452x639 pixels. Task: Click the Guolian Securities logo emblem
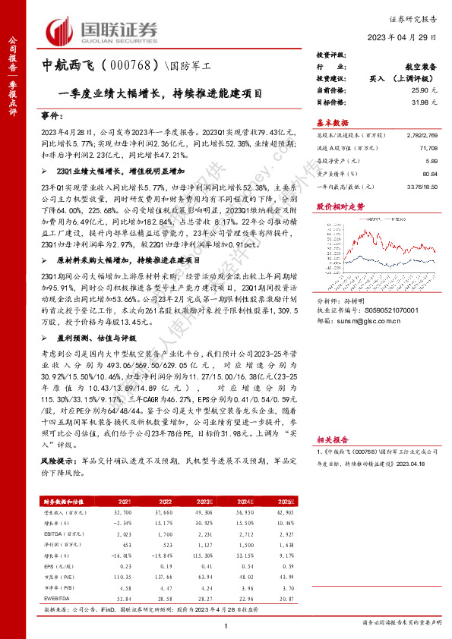(x=61, y=31)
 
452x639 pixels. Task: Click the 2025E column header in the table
(x=285, y=502)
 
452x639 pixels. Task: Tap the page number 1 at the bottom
(x=226, y=625)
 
